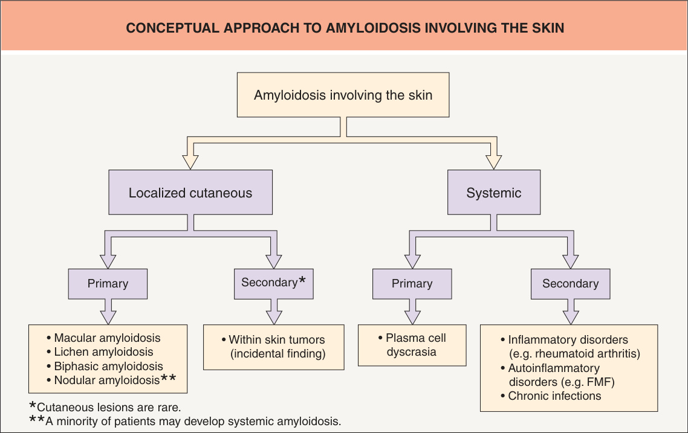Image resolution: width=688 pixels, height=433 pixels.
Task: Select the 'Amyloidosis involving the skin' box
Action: pos(343,95)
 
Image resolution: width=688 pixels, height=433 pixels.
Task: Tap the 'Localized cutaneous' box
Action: pos(190,193)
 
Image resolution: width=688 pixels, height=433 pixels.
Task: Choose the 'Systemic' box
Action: pos(493,193)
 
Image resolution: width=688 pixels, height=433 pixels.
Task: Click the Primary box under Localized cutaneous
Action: pos(108,284)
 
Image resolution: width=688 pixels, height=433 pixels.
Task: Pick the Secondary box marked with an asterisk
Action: pos(274,284)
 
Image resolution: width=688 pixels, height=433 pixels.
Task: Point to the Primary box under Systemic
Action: pos(412,284)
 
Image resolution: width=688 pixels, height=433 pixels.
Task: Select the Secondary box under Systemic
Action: pos(570,284)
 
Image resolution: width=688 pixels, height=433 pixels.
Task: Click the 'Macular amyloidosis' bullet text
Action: pos(107,338)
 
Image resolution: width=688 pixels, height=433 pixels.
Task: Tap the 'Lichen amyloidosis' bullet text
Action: pos(103,352)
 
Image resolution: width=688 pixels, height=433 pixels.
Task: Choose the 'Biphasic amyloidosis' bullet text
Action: pos(108,366)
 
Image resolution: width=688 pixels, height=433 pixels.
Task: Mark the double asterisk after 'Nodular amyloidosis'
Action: pos(169,378)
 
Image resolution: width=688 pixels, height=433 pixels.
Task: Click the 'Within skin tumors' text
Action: pos(277,339)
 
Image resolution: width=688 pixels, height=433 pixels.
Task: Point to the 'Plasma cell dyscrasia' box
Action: pos(412,345)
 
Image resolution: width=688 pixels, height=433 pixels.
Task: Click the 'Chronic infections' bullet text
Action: pos(554,396)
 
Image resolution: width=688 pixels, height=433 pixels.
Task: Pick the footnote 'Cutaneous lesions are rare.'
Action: pos(109,408)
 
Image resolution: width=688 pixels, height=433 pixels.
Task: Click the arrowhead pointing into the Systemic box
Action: pos(493,162)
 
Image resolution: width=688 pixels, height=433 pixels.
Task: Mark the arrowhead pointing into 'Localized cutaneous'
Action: pos(190,162)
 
